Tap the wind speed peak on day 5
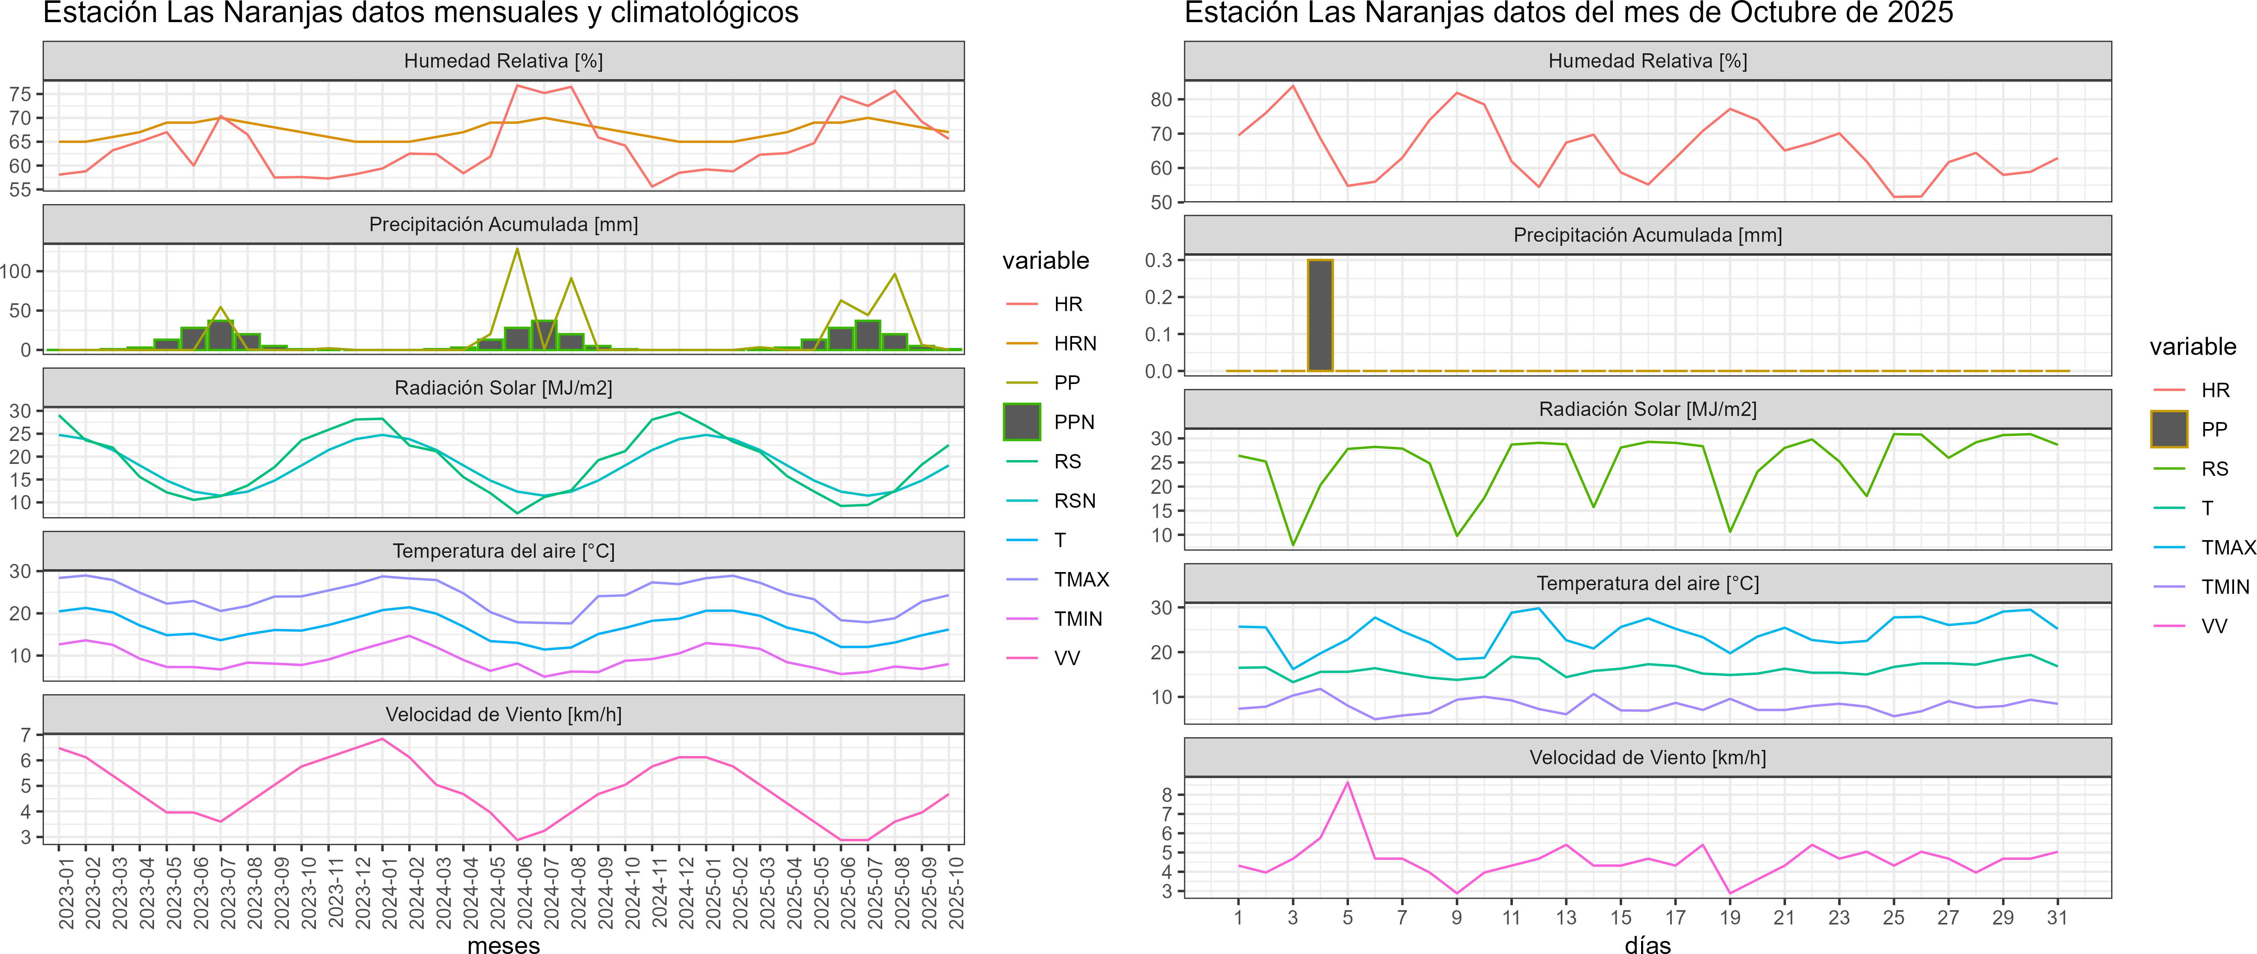tap(1348, 782)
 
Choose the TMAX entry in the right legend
tap(2227, 547)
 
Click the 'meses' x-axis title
tap(504, 944)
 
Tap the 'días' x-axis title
tap(1647, 944)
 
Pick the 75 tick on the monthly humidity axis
tap(20, 94)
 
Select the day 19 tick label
tap(1730, 918)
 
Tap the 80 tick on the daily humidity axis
tap(1161, 100)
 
